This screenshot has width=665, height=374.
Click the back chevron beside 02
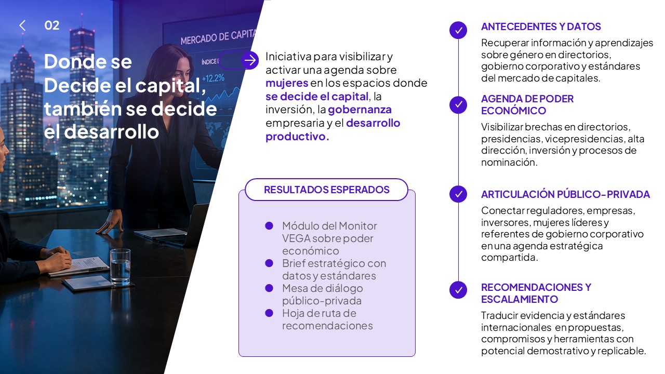pyautogui.click(x=22, y=25)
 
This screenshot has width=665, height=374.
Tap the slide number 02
pyautogui.click(x=52, y=25)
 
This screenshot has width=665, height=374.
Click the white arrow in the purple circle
pyautogui.click(x=250, y=60)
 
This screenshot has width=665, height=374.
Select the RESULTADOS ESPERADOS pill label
pyautogui.click(x=327, y=190)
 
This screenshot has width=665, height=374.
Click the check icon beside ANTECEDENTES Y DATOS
pyautogui.click(x=458, y=30)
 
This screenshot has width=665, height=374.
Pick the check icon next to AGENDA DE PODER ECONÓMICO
pyautogui.click(x=458, y=105)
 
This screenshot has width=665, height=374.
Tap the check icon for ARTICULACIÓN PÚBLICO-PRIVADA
pyautogui.click(x=458, y=194)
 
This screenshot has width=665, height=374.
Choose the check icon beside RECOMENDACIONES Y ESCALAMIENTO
pyautogui.click(x=458, y=290)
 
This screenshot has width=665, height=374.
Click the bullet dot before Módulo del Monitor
pyautogui.click(x=269, y=226)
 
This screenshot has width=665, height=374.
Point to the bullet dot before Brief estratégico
pyautogui.click(x=269, y=263)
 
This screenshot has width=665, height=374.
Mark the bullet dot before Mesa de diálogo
pyautogui.click(x=269, y=288)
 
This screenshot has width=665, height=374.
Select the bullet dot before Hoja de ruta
pyautogui.click(x=269, y=313)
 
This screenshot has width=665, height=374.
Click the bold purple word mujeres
pyautogui.click(x=287, y=84)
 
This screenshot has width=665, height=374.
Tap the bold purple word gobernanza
pyautogui.click(x=360, y=110)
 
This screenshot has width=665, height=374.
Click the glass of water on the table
pyautogui.click(x=120, y=267)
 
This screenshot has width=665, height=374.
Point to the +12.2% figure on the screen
pyautogui.click(x=213, y=78)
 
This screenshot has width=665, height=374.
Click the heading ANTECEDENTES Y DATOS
pyautogui.click(x=541, y=26)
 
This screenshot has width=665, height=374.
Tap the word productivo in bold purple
pyautogui.click(x=297, y=137)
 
